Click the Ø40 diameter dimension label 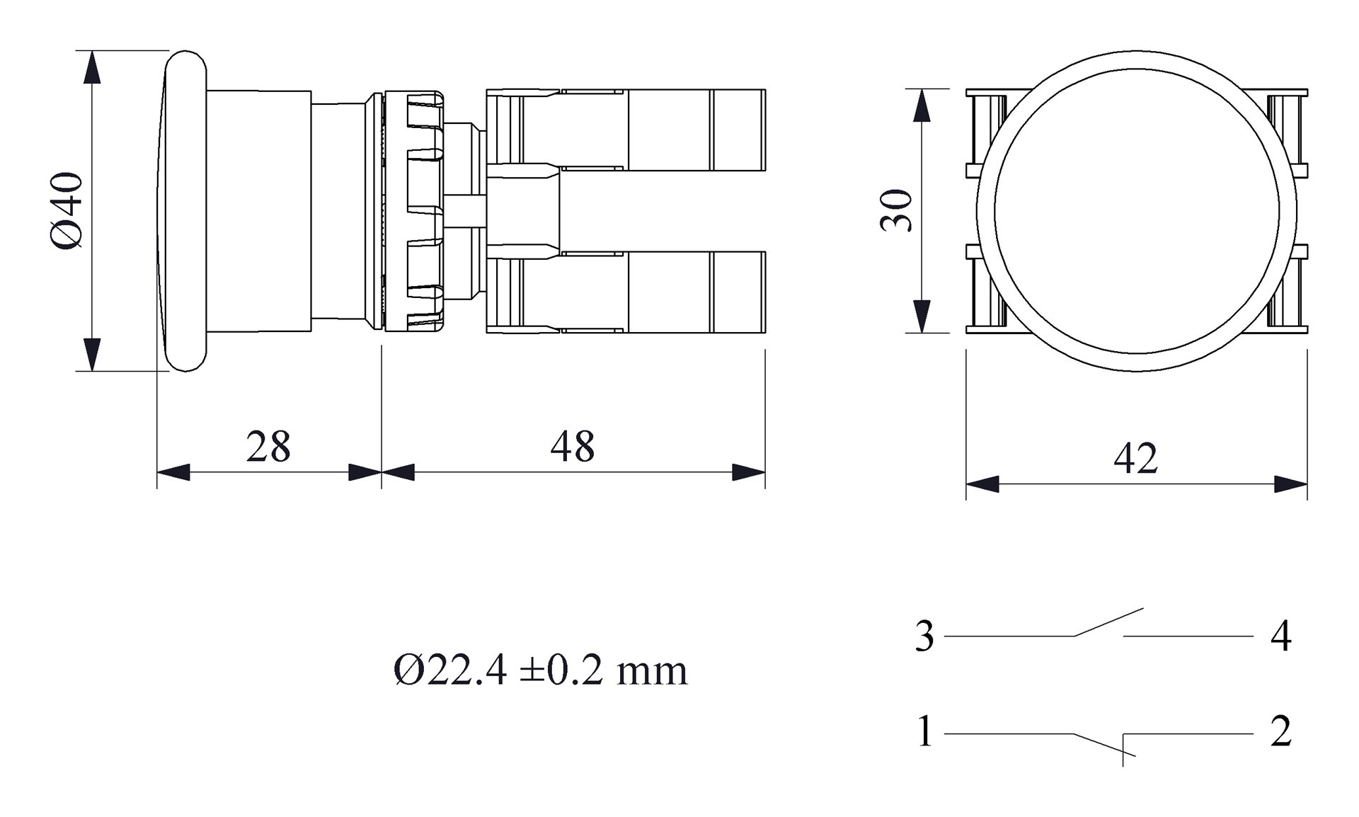(67, 210)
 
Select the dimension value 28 (268, 447)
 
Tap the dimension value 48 (572, 447)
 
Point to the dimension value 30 (896, 210)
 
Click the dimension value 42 (1135, 459)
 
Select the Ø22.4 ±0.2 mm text (540, 670)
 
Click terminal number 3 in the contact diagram (924, 636)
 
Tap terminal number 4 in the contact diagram (1280, 636)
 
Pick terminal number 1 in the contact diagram (924, 732)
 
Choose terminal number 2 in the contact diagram (1280, 732)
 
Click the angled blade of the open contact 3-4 (1108, 622)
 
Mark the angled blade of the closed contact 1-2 (1104, 745)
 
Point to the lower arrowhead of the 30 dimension (922, 316)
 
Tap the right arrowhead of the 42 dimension (1290, 484)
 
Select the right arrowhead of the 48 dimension (748, 472)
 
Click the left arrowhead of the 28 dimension (173, 472)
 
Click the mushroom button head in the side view (185, 210)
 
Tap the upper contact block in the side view (665, 130)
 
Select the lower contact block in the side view (665, 292)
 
